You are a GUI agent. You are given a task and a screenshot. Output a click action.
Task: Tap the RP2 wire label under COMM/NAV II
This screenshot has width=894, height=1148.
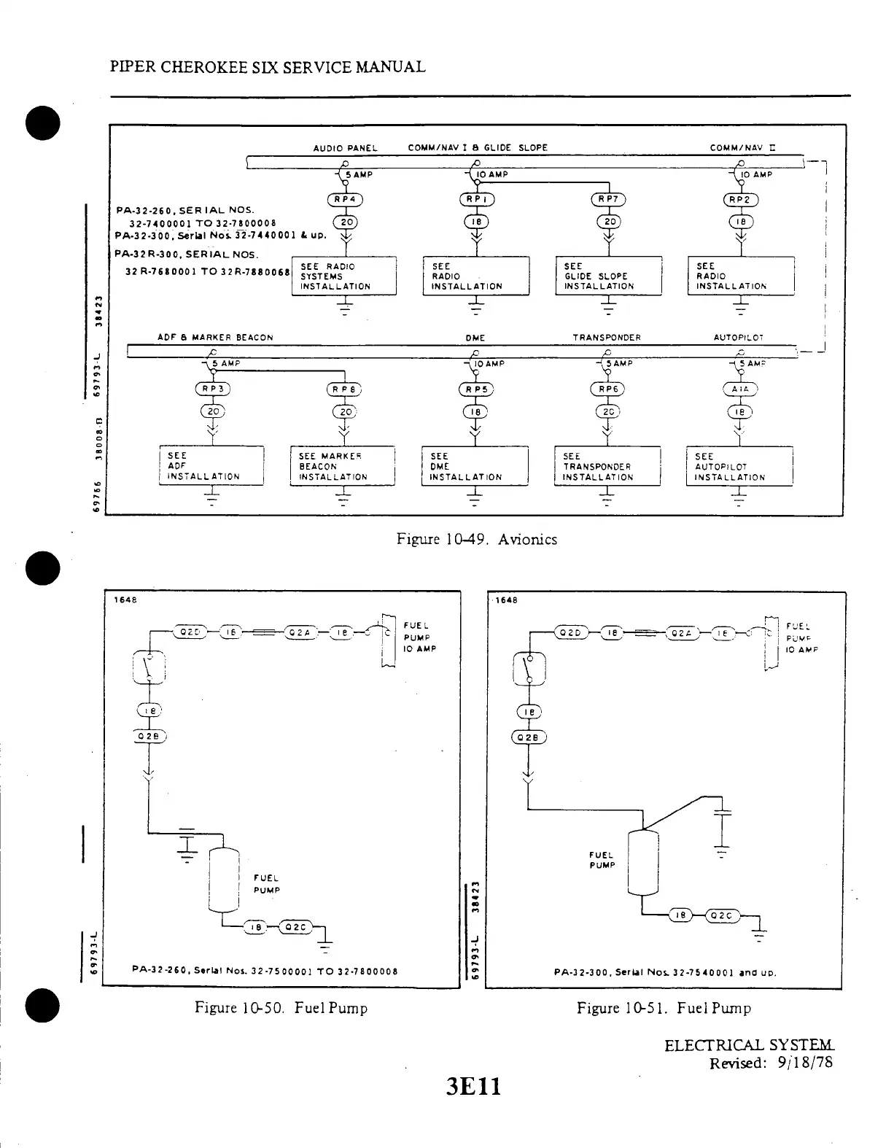pos(740,200)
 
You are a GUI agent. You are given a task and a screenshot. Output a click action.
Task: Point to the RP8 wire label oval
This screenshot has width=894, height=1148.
pos(343,389)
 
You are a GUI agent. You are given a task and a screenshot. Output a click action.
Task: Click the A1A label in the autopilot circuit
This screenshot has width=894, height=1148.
pos(740,389)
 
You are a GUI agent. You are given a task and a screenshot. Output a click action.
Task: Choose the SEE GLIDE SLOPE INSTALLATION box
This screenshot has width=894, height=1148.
pos(608,276)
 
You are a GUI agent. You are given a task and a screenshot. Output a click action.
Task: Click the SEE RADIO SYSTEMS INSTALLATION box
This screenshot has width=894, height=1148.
pos(343,276)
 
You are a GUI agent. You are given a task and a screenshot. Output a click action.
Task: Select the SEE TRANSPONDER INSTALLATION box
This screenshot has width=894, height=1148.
pos(607,467)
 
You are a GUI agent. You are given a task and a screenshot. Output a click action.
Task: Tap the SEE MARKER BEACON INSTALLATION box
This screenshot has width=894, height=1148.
pos(342,467)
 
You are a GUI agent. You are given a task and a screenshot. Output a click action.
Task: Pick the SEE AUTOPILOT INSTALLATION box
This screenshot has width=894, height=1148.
pos(739,467)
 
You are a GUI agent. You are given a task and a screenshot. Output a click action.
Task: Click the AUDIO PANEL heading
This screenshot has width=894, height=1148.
pos(345,148)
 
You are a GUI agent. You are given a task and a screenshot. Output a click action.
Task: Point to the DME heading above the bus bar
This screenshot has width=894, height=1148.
pos(475,338)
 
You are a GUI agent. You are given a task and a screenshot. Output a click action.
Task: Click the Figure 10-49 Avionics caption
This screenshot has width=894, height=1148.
pos(477,539)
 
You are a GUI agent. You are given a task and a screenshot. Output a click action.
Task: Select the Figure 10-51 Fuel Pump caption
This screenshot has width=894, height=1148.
pos(664,1008)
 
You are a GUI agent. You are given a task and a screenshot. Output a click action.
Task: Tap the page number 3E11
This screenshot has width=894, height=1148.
pos(474,1087)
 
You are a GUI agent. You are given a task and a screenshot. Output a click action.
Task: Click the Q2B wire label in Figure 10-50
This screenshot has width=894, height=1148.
pos(149,734)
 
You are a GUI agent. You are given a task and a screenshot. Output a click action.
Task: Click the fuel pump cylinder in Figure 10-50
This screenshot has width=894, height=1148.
pos(225,880)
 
